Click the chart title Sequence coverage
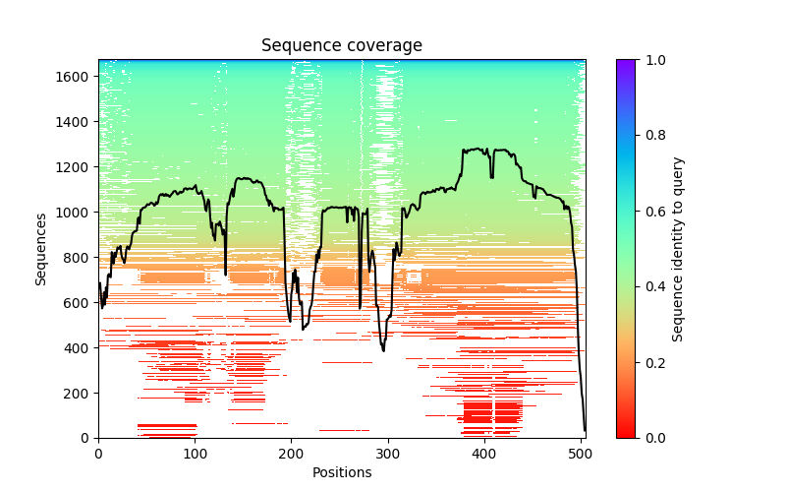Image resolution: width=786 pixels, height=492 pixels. pyautogui.click(x=341, y=46)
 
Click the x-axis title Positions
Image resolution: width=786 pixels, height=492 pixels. pyautogui.click(x=341, y=473)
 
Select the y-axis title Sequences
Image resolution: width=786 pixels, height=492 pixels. pyautogui.click(x=41, y=249)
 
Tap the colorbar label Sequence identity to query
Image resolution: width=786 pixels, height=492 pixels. pyautogui.click(x=678, y=249)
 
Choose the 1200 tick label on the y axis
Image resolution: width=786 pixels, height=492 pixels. pyautogui.click(x=77, y=167)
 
